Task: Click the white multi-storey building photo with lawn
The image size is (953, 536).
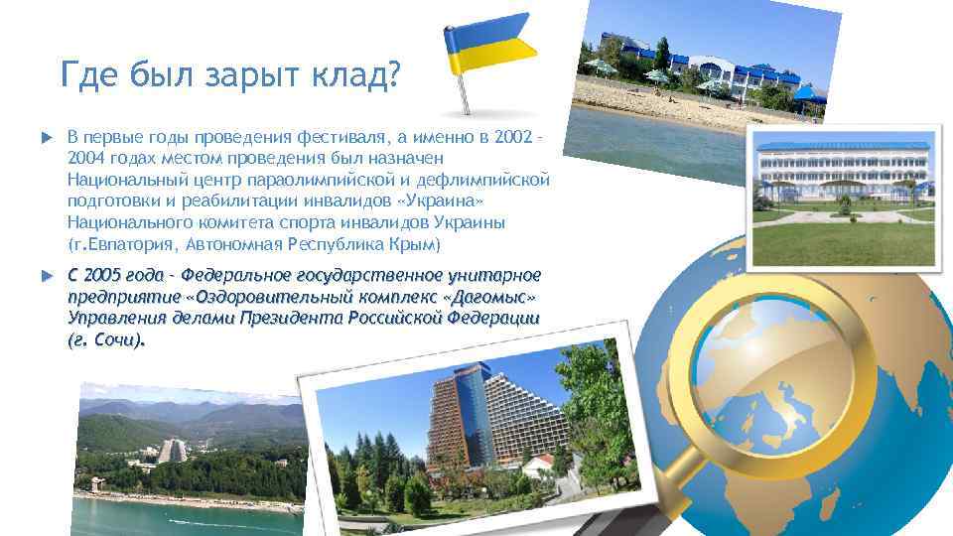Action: coord(843,199)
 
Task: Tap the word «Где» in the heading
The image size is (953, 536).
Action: coord(87,74)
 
